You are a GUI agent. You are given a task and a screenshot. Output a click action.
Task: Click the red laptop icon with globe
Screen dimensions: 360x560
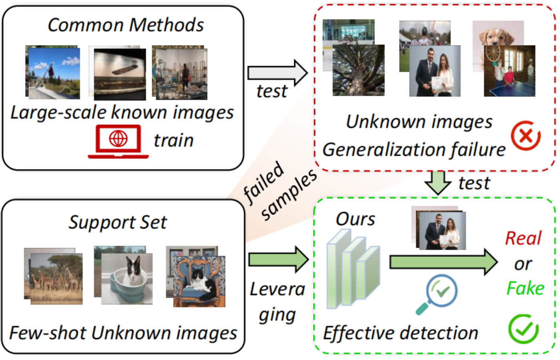tap(118, 141)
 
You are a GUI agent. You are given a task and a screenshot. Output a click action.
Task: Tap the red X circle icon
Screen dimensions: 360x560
tap(526, 136)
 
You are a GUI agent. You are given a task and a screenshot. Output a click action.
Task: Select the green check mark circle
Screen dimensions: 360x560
tap(523, 329)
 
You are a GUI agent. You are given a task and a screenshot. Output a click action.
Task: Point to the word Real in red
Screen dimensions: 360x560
tap(523, 238)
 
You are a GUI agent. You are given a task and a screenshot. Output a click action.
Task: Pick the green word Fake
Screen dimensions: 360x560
tap(525, 288)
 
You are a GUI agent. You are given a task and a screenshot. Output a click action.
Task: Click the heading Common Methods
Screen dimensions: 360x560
tap(126, 25)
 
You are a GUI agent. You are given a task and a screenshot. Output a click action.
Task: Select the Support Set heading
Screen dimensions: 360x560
tap(118, 222)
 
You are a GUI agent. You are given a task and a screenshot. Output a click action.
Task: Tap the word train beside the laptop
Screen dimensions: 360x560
tap(174, 140)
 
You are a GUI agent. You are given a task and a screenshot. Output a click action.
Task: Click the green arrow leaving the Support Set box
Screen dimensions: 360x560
tap(278, 260)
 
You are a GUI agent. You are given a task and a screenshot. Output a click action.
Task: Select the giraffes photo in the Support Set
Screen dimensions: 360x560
tap(56, 278)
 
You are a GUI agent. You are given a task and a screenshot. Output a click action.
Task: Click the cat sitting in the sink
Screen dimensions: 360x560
tap(127, 278)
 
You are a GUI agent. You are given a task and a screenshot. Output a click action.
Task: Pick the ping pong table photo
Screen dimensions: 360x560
tap(509, 71)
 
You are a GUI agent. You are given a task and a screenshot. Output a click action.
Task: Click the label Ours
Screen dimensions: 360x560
tap(355, 219)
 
